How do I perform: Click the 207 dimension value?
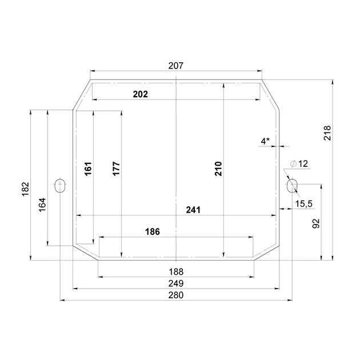point(176,66)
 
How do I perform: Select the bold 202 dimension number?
point(140,94)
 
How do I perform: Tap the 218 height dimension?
point(327,133)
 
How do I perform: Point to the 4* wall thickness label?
point(265,141)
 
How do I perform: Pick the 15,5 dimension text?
point(303,203)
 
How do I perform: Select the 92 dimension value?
point(316,223)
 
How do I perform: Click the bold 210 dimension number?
point(218,169)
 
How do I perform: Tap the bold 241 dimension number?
point(193,210)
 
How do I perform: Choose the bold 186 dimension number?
point(153,231)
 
